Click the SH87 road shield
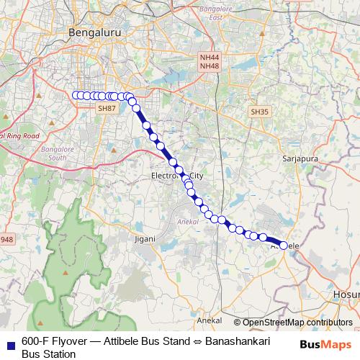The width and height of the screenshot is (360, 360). pyautogui.click(x=106, y=108)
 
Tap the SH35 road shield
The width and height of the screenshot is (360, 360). pyautogui.click(x=259, y=112)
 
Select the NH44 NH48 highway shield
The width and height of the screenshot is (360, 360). pyautogui.click(x=210, y=61)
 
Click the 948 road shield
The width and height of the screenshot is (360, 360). pyautogui.click(x=6, y=239)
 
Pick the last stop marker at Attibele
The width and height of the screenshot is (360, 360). pyautogui.click(x=284, y=246)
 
